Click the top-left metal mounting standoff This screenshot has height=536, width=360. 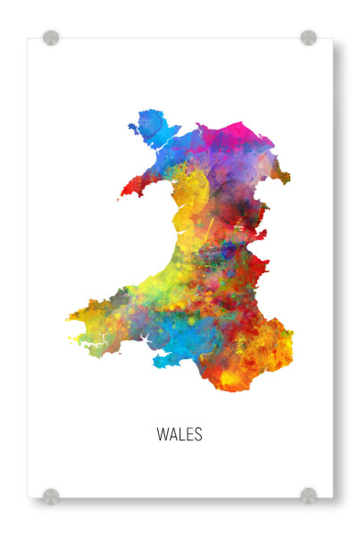pos(51,38)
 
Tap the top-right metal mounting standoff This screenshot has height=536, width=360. pos(308,38)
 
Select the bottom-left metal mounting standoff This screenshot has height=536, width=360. pos(51,496)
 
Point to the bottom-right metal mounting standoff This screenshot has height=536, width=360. pos(308,495)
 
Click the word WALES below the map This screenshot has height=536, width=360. pos(180,435)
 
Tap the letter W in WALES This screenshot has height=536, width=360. pos(163,435)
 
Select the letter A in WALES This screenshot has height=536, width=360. pos(173,435)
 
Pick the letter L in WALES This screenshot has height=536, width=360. pos(182,435)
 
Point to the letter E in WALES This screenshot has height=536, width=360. pos(189,435)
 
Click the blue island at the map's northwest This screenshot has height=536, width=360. pos(149,125)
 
